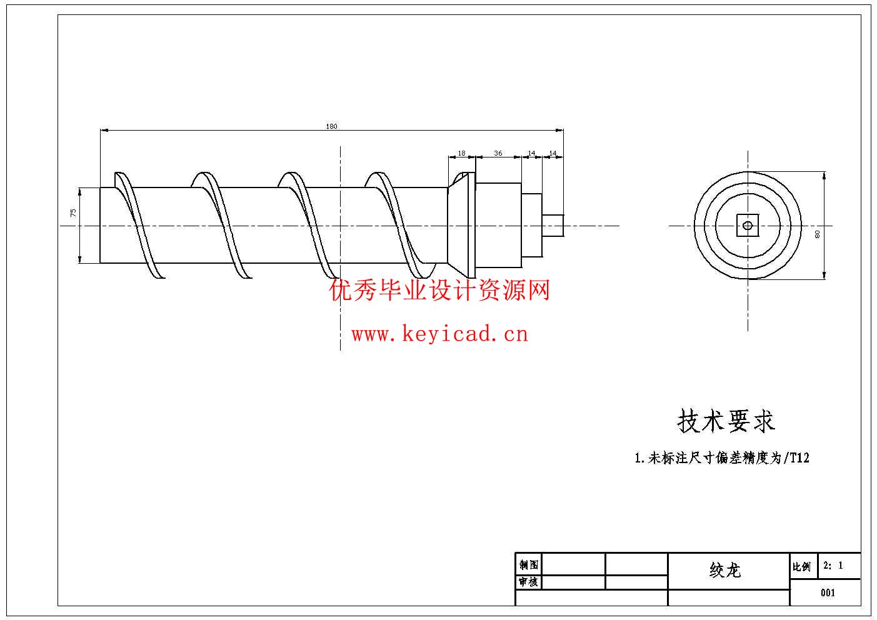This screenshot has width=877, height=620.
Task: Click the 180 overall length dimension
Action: (x=331, y=127)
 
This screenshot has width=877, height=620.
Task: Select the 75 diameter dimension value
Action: (x=74, y=212)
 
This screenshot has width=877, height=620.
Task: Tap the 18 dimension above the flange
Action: (x=461, y=153)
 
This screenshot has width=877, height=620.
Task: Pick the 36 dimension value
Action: (x=498, y=153)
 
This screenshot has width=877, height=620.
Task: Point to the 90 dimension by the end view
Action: (x=817, y=234)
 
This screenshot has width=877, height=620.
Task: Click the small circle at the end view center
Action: (x=748, y=226)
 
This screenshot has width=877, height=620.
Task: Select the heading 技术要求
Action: (x=726, y=421)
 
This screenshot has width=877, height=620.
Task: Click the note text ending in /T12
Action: (x=722, y=458)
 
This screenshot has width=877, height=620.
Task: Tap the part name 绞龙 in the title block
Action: (x=725, y=570)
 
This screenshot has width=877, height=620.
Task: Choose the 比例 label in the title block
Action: (x=801, y=567)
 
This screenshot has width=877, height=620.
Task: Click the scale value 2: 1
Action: (x=833, y=566)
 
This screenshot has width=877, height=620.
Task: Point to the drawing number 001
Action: (x=828, y=592)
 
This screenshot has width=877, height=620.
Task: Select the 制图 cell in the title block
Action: (x=528, y=565)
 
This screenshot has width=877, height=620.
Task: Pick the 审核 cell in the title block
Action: (x=528, y=582)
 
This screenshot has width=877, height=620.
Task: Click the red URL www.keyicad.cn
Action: (x=439, y=334)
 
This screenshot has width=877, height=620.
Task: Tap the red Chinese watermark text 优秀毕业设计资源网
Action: (x=439, y=291)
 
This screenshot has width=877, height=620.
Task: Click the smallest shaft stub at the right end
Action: (x=553, y=226)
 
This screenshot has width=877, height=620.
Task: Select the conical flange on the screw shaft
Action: (x=461, y=226)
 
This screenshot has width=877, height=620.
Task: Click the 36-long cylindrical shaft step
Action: (x=498, y=226)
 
